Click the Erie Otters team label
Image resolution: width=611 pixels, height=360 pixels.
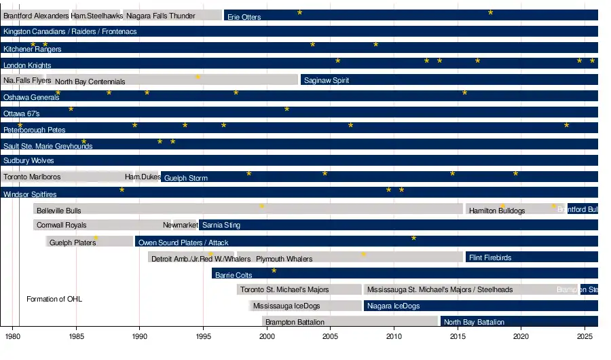pos(244,17)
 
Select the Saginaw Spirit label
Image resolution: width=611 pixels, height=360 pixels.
pos(326,81)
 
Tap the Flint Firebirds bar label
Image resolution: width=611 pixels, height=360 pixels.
pos(490,258)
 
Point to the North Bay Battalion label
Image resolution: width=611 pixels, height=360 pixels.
pos(474,323)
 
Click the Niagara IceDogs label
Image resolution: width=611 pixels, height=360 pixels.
pos(393,306)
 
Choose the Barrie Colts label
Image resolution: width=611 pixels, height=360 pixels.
pos(234,275)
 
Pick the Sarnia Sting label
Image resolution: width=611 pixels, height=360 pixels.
pos(221,225)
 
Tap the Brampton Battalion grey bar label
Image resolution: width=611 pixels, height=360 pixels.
pos(295,322)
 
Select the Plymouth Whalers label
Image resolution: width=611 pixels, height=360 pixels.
pos(284,259)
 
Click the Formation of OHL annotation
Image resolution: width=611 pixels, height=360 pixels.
pos(54,299)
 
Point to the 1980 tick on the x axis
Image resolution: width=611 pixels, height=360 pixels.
pos(12,336)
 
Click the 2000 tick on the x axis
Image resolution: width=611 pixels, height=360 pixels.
pos(267,336)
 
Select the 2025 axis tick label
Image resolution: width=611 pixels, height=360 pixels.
pos(585,336)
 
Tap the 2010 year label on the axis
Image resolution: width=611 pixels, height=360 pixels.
pos(394,336)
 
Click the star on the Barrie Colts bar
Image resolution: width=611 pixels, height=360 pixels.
pos(274,271)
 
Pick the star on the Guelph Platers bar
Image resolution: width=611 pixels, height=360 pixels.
pos(96,238)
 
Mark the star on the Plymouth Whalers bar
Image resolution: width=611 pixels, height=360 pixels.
pos(363,255)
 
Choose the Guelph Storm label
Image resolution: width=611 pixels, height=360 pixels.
pos(186,178)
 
